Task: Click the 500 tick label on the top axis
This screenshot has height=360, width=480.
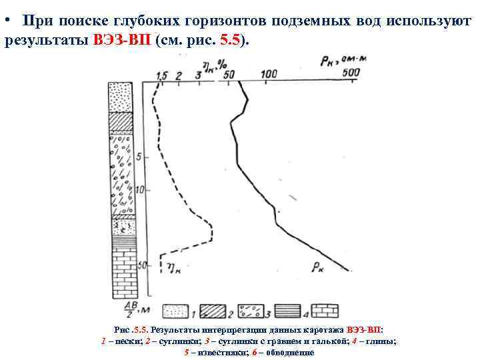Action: (x=351, y=72)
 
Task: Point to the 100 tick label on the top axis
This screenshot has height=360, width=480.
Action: (x=269, y=73)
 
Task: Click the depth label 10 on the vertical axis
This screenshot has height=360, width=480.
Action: (x=139, y=190)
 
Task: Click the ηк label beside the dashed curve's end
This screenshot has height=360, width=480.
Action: (x=175, y=268)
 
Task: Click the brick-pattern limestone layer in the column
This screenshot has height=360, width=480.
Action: (x=122, y=273)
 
